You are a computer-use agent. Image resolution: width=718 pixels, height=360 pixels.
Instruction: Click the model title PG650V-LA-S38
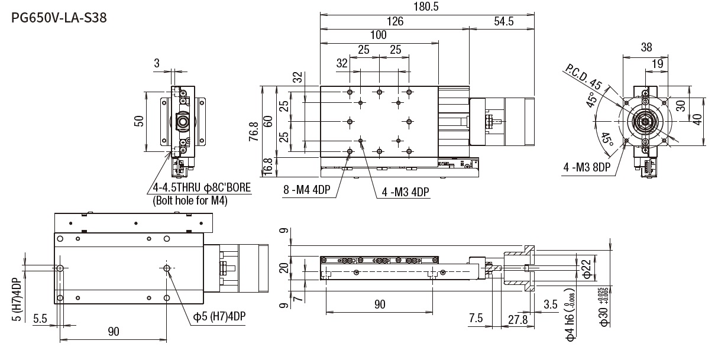pyautogui.click(x=59, y=18)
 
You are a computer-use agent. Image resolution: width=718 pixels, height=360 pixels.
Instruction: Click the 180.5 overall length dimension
pyautogui.click(x=427, y=7)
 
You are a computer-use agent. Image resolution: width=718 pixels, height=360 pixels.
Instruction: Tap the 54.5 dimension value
pyautogui.click(x=502, y=21)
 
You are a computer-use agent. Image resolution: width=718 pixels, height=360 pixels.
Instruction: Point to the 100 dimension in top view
pyautogui.click(x=378, y=35)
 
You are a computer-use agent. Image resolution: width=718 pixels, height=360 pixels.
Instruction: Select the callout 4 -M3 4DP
pyautogui.click(x=406, y=192)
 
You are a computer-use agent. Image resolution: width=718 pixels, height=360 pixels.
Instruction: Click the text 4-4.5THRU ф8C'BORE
pyautogui.click(x=202, y=189)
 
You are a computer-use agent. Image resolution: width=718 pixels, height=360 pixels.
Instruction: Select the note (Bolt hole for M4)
pyautogui.click(x=190, y=200)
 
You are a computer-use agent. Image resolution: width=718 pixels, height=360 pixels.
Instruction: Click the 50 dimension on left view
pyautogui.click(x=139, y=121)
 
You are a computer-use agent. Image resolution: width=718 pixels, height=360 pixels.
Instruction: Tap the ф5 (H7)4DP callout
pyautogui.click(x=219, y=316)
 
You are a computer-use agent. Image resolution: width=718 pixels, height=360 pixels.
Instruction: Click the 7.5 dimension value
pyautogui.click(x=476, y=319)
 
